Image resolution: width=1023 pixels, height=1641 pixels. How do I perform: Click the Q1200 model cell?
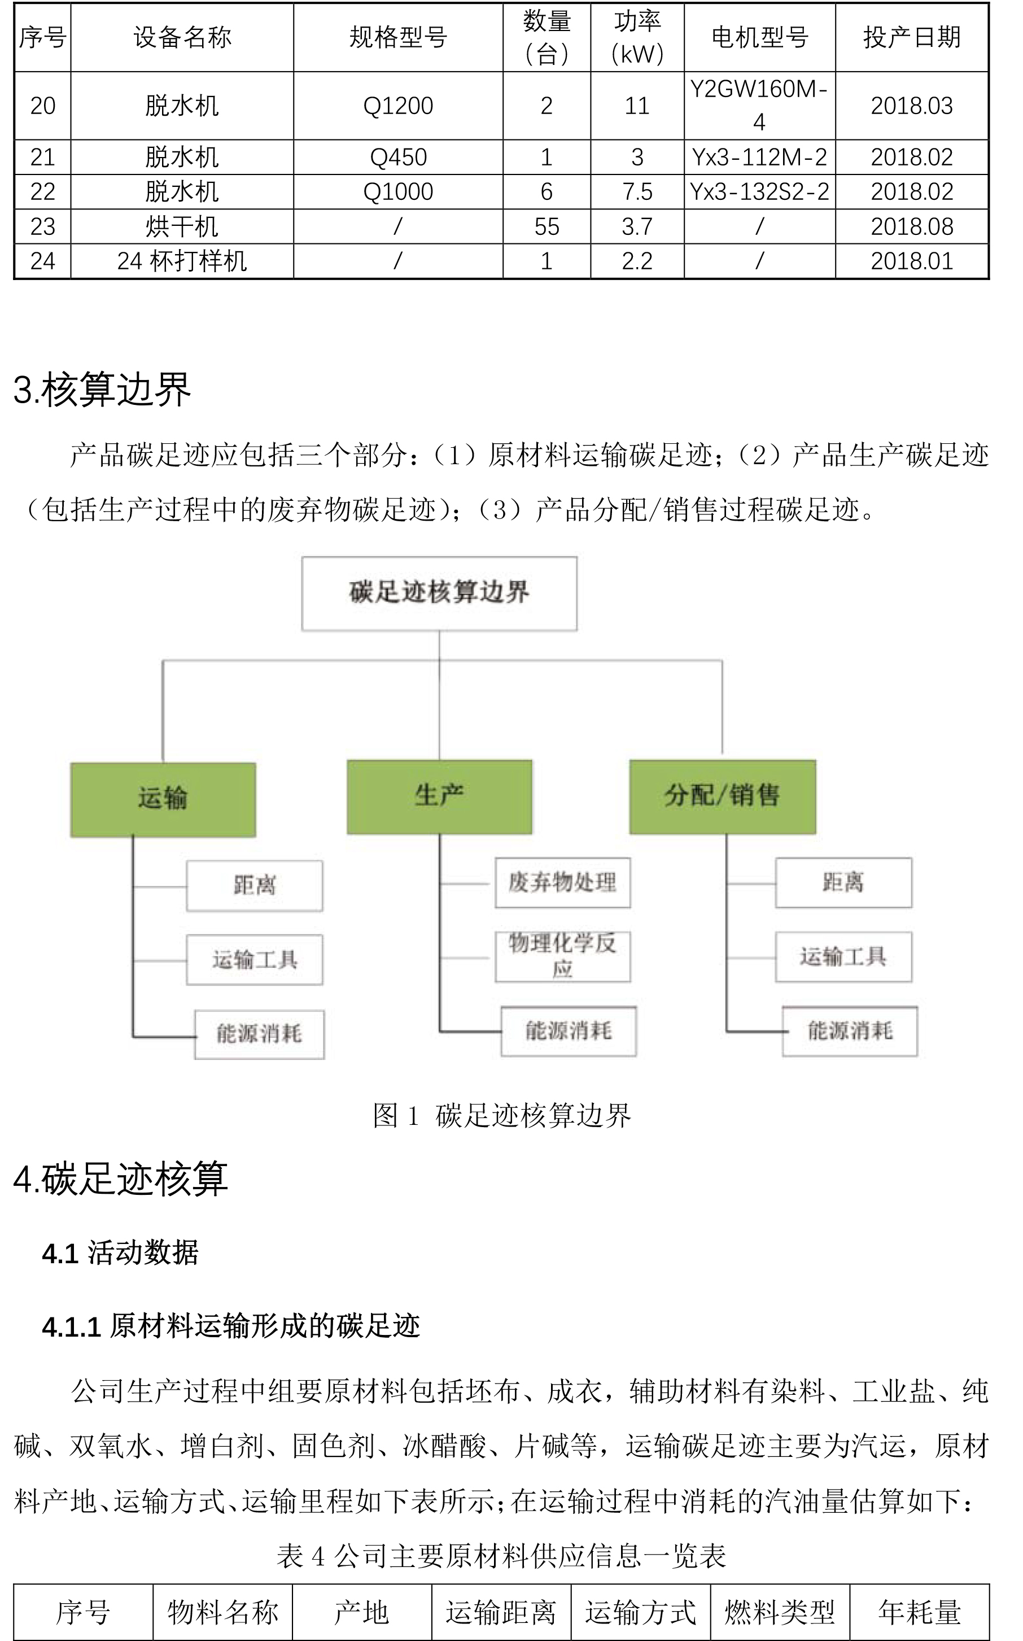pos(398,106)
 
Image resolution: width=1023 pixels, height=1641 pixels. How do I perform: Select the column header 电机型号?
pos(759,37)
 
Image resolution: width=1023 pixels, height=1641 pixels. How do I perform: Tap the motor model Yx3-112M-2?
pos(759,157)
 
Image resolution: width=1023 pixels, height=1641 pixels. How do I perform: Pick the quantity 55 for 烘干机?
pos(547,226)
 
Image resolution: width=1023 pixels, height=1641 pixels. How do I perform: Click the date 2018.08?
pos(911,226)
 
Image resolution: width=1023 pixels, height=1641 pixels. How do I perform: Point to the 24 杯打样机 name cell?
pos(181,260)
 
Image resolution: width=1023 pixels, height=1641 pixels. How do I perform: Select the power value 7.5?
pos(637,191)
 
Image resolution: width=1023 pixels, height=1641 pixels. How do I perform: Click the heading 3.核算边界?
pos(102,390)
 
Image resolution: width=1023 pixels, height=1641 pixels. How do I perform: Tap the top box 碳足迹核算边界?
pos(439,593)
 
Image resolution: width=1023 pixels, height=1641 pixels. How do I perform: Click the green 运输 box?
pos(163,799)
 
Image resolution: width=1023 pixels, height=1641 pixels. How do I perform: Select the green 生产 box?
pos(439,796)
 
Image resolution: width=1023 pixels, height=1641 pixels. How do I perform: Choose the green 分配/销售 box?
pos(722,796)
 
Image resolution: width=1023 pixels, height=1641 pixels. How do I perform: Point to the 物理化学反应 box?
pos(562,955)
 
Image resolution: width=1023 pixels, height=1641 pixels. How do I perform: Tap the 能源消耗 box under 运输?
pos(259,1034)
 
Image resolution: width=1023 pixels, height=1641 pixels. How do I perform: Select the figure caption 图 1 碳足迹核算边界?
pos(501,1115)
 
